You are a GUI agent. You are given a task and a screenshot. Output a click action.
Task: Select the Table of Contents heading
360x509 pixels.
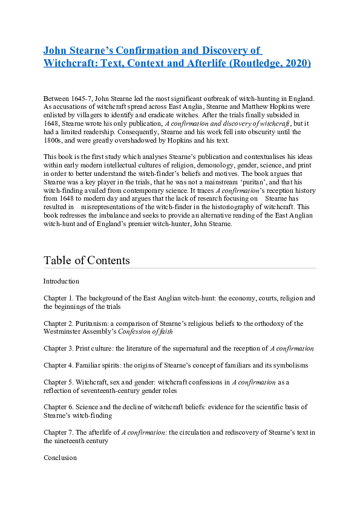point(87,260)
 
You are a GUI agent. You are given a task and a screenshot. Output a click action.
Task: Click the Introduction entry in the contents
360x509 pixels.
point(61,281)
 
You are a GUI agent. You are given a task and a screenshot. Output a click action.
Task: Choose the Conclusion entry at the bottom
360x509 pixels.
point(60,458)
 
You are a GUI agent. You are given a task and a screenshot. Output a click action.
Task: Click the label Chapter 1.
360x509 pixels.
point(58,298)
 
